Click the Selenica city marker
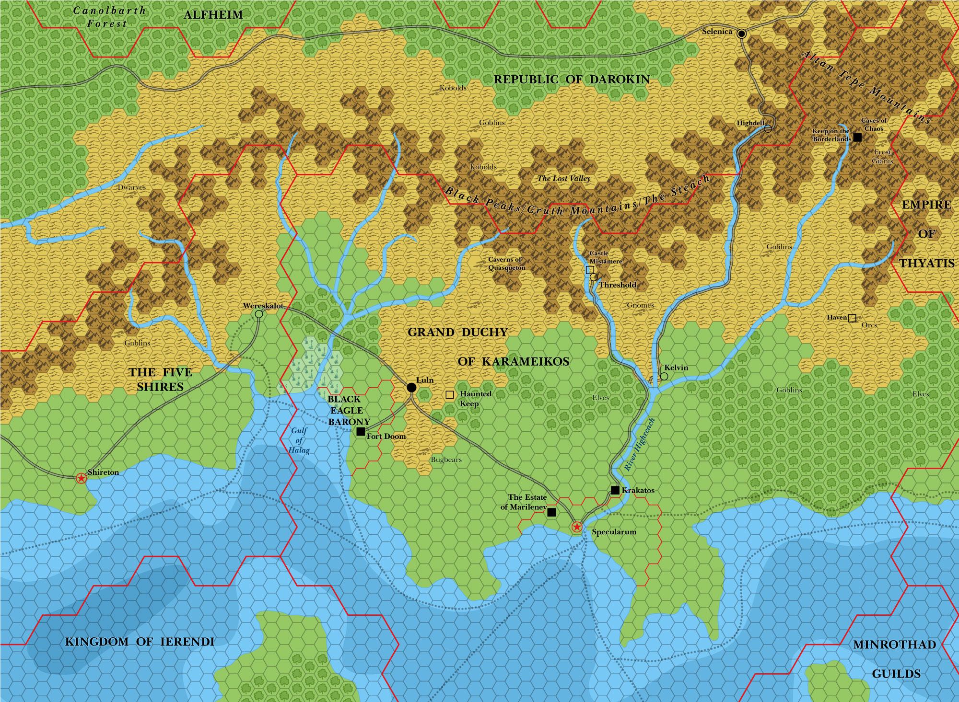click(x=742, y=34)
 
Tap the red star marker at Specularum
click(x=577, y=527)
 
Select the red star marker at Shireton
click(x=82, y=478)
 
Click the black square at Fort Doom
click(x=361, y=432)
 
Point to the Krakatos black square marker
click(x=615, y=490)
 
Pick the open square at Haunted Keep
click(x=450, y=395)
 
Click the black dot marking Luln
click(x=411, y=387)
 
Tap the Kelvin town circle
click(x=664, y=377)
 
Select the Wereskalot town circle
click(x=259, y=314)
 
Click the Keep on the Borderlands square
click(x=857, y=138)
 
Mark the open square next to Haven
click(x=852, y=318)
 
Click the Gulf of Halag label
click(x=299, y=440)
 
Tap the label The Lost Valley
click(x=563, y=178)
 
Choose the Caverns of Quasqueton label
click(x=506, y=264)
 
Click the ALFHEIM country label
click(x=213, y=15)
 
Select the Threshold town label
click(x=617, y=285)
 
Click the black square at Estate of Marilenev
click(x=551, y=512)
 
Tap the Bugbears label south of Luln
click(x=446, y=460)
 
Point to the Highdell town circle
click(x=768, y=128)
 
